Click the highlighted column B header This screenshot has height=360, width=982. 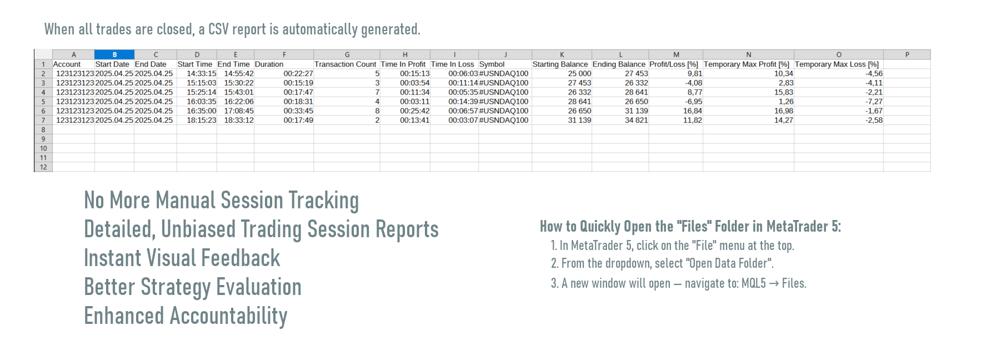pyautogui.click(x=114, y=54)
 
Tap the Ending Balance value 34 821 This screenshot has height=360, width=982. pyautogui.click(x=637, y=120)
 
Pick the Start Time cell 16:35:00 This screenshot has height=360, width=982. pyautogui.click(x=202, y=111)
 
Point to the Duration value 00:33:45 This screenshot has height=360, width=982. pyautogui.click(x=298, y=111)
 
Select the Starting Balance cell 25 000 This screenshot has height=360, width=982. pyautogui.click(x=579, y=73)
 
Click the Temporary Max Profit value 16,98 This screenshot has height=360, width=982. pyautogui.click(x=784, y=111)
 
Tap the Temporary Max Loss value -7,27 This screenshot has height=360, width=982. pyautogui.click(x=874, y=102)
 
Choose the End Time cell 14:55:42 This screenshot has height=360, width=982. pyautogui.click(x=239, y=73)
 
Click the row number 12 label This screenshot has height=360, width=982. pyautogui.click(x=43, y=167)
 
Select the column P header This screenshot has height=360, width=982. pyautogui.click(x=907, y=54)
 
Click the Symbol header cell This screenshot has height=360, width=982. pyautogui.click(x=492, y=64)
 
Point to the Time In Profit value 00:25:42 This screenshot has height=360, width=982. pyautogui.click(x=415, y=111)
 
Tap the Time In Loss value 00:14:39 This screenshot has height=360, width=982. pyautogui.click(x=463, y=102)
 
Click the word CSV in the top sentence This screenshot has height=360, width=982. pyautogui.click(x=218, y=29)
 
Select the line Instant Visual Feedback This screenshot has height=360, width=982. pyautogui.click(x=182, y=258)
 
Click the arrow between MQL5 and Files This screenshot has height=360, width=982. pyautogui.click(x=774, y=284)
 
